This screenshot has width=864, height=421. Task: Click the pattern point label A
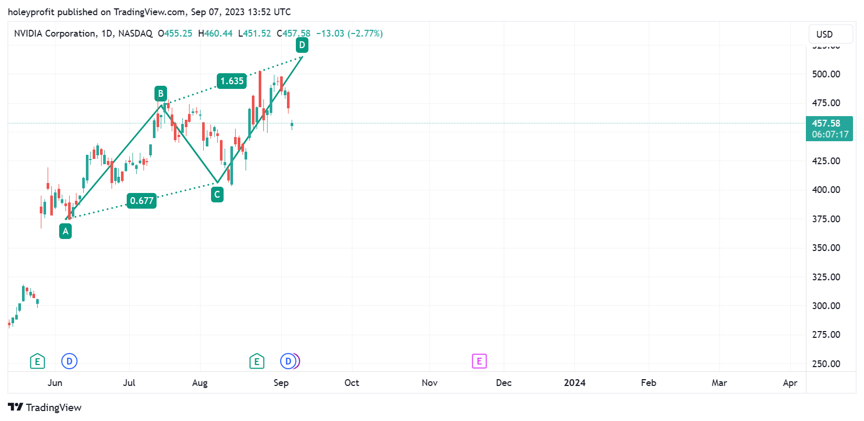[x=65, y=231]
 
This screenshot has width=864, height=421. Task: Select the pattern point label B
[x=161, y=94]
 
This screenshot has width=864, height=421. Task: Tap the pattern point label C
[x=217, y=195]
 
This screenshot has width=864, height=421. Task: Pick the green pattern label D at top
[x=302, y=45]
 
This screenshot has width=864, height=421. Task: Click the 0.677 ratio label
[x=142, y=201]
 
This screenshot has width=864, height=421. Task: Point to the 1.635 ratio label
[x=232, y=81]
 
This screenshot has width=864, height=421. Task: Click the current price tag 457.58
[x=829, y=129]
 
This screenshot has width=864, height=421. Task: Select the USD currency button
[x=824, y=35]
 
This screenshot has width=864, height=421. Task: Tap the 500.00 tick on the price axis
[x=826, y=74]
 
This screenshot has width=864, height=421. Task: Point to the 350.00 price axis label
[x=826, y=248]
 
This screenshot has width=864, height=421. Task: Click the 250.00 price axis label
[x=826, y=364]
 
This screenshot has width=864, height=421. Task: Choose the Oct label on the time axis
[x=352, y=383]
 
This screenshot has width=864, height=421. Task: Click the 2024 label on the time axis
[x=574, y=383]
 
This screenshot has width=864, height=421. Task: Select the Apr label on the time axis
[x=790, y=383]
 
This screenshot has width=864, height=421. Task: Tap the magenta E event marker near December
[x=479, y=361]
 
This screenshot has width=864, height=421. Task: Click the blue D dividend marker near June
[x=69, y=361]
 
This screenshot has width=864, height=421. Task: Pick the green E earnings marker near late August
[x=257, y=361]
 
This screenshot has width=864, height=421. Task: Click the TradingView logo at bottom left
[x=45, y=407]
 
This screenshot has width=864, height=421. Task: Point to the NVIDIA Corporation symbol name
[x=55, y=33]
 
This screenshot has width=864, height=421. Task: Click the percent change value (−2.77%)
[x=365, y=33]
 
